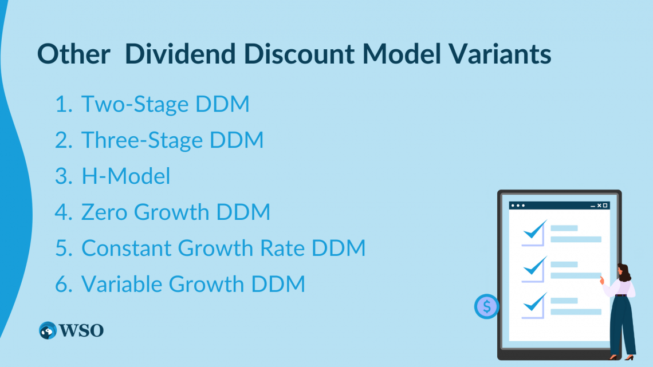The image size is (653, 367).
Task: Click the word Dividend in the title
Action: point(180,54)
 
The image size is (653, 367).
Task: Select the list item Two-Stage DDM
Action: point(166,104)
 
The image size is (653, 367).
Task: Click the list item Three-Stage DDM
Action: point(172,140)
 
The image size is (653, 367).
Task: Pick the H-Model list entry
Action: point(126,176)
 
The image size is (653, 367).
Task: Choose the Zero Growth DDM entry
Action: point(176,212)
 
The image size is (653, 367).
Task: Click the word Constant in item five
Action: point(127,248)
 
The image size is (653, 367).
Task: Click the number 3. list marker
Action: point(64,176)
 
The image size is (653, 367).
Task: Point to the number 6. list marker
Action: point(64,284)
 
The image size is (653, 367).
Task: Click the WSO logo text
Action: point(81,330)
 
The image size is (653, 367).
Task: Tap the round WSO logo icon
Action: point(48,330)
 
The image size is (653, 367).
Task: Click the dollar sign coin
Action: point(486,307)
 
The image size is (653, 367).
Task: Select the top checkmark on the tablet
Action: point(535,230)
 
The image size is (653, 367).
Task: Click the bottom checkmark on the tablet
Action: point(535,302)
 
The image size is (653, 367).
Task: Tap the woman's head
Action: point(623,273)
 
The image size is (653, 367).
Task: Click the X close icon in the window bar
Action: point(599,206)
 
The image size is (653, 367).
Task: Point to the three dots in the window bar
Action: point(518,206)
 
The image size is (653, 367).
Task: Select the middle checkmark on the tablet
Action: point(535,266)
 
